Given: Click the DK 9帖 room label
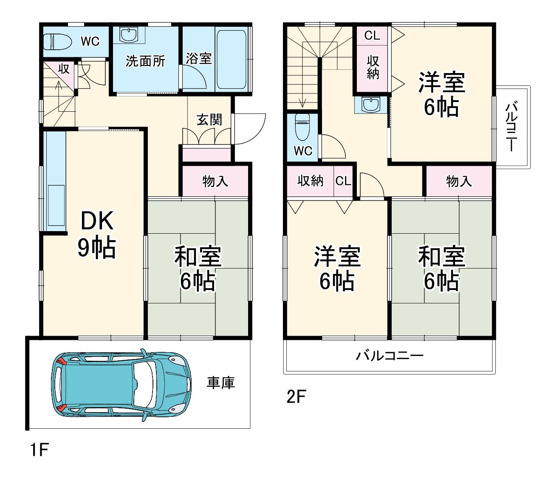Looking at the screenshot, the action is point(97,235).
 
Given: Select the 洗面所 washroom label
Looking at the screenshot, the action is point(146,61).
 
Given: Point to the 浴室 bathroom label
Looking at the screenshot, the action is point(199,59).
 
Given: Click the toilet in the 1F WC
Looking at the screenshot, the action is point(58,42).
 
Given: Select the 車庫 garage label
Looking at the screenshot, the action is point(220,383).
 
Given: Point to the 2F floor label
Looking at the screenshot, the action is point(296,397).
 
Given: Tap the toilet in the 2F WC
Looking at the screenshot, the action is point(303,127).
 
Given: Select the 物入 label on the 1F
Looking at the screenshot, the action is point(215,181).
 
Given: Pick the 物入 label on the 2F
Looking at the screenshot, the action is point(459,181).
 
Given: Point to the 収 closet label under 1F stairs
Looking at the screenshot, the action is point(64,69).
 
